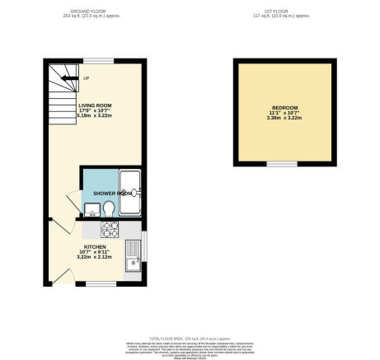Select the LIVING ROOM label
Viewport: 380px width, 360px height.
click(94, 106)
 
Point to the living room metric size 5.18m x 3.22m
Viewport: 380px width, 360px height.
click(94, 116)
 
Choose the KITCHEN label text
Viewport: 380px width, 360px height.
click(91, 245)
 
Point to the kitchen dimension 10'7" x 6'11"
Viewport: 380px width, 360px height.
click(91, 251)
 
